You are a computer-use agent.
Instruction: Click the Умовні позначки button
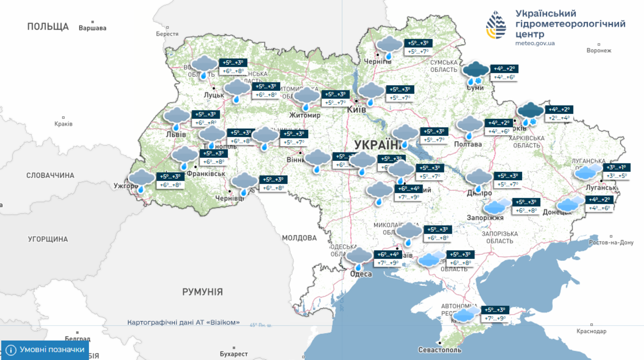[x=46, y=350]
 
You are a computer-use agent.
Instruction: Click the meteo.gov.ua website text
[x=535, y=43]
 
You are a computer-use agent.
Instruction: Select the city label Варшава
[x=92, y=28]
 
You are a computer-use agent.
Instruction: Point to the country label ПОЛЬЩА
[x=48, y=26]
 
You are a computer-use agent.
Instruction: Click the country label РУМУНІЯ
[x=202, y=292]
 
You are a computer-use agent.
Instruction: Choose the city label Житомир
[x=305, y=115]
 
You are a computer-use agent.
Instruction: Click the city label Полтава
[x=468, y=144]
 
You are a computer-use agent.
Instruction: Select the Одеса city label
[x=361, y=274]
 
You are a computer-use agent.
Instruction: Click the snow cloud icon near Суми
[x=476, y=72]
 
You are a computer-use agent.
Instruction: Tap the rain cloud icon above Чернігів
[x=389, y=47]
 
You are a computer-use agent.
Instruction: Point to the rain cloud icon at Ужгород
[x=142, y=180]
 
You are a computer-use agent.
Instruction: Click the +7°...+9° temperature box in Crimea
[x=495, y=318]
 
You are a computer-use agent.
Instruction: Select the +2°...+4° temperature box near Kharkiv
[x=559, y=118]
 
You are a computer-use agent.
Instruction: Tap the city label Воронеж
[x=598, y=51]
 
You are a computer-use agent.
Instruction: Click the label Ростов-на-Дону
[x=611, y=243]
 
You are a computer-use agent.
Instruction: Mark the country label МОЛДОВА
[x=299, y=238]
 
